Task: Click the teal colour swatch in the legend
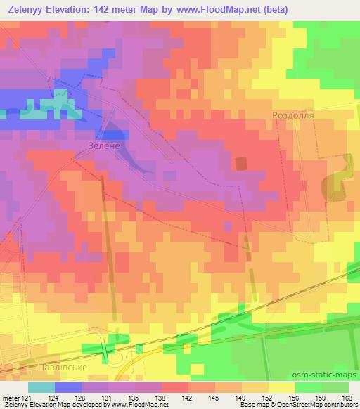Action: pyautogui.click(x=41, y=386)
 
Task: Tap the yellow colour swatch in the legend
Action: pyautogui.click(x=281, y=386)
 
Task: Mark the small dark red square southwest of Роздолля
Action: pyautogui.click(x=241, y=164)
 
